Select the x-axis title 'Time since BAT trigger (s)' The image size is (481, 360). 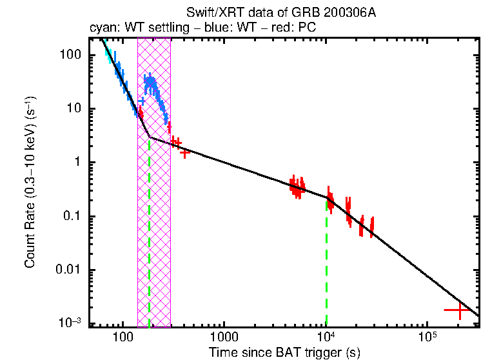[284, 352]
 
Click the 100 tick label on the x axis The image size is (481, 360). [122, 337]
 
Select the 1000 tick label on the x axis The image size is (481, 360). [224, 337]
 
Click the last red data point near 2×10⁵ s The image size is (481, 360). [459, 310]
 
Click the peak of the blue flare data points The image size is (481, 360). [150, 81]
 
